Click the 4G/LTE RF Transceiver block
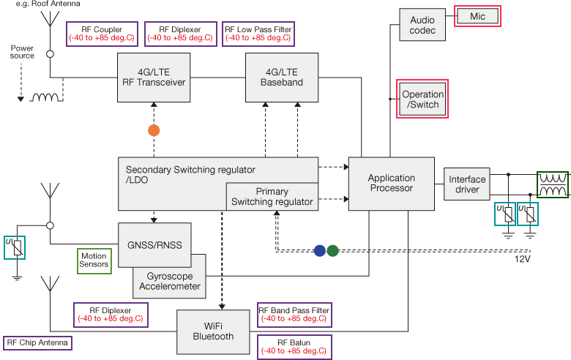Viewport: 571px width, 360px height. [x=154, y=78]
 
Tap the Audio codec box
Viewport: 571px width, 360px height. [x=422, y=25]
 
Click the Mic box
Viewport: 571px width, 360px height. [x=477, y=15]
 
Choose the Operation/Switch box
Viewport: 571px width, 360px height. [x=422, y=99]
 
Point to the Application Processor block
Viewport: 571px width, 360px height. [x=391, y=183]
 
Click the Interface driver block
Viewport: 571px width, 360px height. [x=467, y=184]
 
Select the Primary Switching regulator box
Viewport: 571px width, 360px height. [x=272, y=197]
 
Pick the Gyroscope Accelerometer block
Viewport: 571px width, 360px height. [x=168, y=281]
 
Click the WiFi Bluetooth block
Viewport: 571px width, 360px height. [x=214, y=331]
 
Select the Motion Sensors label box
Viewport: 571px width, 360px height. [x=94, y=259]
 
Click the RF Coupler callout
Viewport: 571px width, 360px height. [x=100, y=34]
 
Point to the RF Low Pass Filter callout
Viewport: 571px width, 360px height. [x=259, y=34]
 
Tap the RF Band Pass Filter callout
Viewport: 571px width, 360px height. [x=294, y=315]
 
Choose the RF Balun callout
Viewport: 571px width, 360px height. [x=294, y=347]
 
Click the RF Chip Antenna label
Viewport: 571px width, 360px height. [x=37, y=342]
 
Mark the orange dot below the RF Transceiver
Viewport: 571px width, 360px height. [x=154, y=130]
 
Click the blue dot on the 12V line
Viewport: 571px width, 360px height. [x=319, y=250]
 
